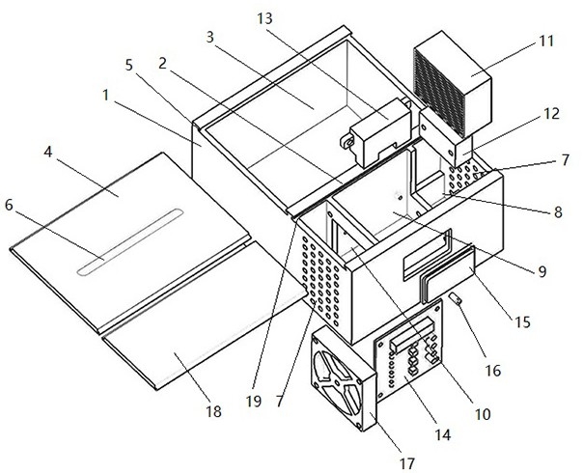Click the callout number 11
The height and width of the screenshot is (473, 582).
(x=545, y=41)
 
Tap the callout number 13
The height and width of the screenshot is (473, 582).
(x=264, y=18)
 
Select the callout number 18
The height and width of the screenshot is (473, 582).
(x=214, y=411)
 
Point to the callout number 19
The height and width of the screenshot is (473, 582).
(x=254, y=402)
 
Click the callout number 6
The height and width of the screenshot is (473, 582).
(x=9, y=205)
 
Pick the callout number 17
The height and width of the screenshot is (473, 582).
(x=406, y=463)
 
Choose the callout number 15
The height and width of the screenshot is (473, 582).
(x=522, y=322)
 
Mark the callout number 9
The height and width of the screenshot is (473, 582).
(x=542, y=272)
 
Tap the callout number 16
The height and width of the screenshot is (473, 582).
(x=493, y=370)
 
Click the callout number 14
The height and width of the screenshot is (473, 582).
(x=443, y=434)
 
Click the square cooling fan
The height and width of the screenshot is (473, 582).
(x=344, y=378)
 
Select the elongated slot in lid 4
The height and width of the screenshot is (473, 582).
(x=130, y=242)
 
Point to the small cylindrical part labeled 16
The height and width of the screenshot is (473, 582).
(x=456, y=298)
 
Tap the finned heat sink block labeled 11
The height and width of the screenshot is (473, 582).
(x=453, y=85)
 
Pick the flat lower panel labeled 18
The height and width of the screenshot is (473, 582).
(x=204, y=316)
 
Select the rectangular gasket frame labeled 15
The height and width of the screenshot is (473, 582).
(x=449, y=273)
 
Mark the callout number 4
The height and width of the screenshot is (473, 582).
(x=48, y=152)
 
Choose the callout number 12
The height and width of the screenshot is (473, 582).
(x=551, y=114)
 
